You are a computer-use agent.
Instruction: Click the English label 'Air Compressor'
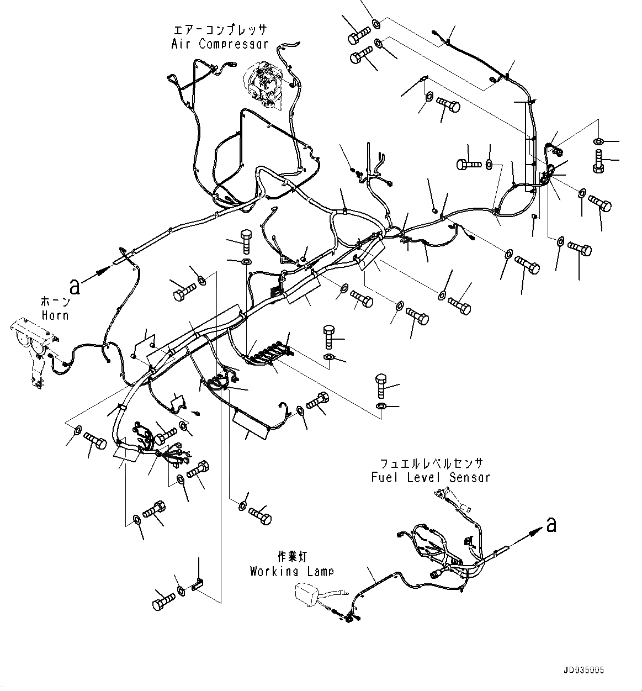click(219, 44)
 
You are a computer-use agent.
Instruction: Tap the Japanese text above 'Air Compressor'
click(219, 30)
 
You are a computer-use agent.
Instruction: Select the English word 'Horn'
click(55, 315)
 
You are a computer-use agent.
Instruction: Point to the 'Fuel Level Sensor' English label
click(431, 477)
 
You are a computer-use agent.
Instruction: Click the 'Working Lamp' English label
click(291, 571)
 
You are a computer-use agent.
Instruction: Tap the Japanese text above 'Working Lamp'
click(291, 556)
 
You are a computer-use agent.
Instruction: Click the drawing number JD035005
click(585, 669)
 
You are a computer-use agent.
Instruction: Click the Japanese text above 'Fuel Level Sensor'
click(431, 463)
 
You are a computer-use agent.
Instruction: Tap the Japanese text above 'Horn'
click(55, 302)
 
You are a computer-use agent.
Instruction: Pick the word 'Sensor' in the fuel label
click(470, 477)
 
